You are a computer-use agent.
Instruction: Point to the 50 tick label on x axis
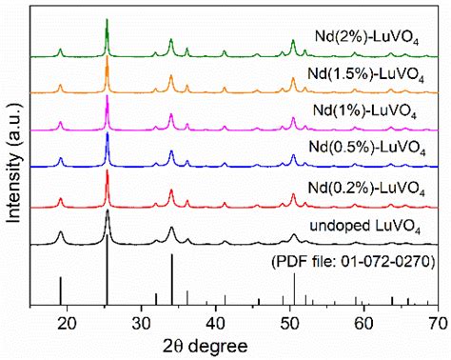pos(290,323)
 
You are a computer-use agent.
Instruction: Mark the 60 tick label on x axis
pos(364,323)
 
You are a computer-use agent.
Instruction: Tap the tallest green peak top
pos(107,20)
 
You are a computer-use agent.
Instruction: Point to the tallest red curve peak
pos(107,171)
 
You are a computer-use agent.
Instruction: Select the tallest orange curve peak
pos(107,59)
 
